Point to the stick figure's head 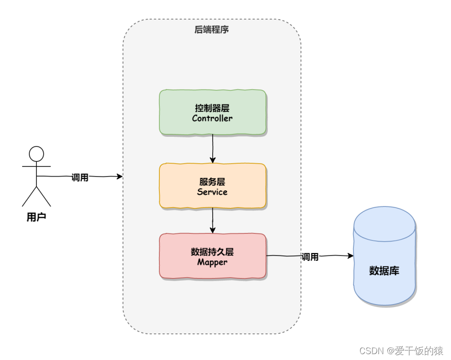tap(36, 154)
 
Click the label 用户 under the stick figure tap(36, 216)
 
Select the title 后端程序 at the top tap(211, 30)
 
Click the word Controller tap(212, 118)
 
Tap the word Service tap(212, 192)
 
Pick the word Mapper tap(212, 262)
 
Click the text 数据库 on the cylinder tap(384, 270)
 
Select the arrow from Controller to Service tap(213, 149)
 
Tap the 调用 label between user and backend tap(80, 178)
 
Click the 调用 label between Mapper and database tap(310, 257)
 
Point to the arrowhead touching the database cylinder tap(350, 256)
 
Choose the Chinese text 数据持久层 tap(212, 252)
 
